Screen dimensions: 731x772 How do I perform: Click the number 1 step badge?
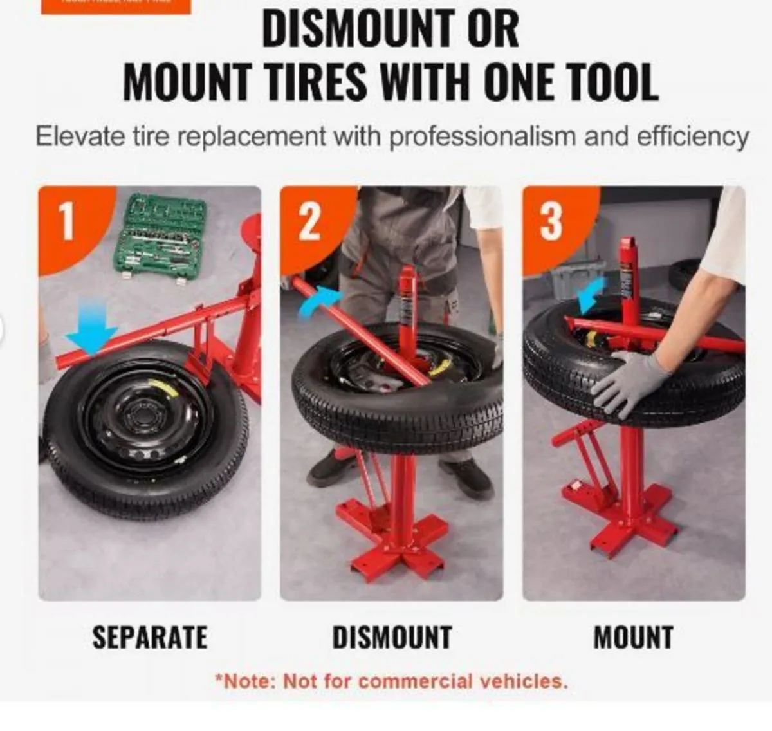[x=67, y=221]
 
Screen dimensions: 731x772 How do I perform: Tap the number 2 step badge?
[x=309, y=221]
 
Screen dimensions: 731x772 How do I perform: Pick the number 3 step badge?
[x=551, y=221]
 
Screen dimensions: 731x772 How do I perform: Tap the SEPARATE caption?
[x=150, y=638]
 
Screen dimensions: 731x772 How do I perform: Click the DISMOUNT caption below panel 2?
[x=392, y=638]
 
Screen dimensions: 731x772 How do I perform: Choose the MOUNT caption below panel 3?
[x=633, y=638]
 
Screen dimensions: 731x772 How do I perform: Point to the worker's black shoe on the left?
[x=330, y=468]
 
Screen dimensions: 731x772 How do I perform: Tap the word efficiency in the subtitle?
[x=693, y=137]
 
